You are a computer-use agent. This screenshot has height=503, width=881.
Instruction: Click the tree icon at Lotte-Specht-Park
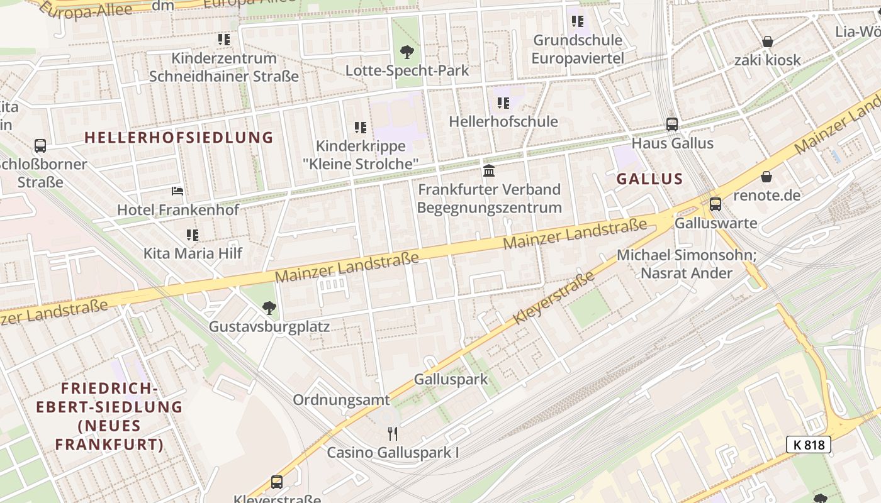tap(407, 52)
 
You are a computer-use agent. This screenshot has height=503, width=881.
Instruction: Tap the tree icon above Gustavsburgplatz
tap(269, 307)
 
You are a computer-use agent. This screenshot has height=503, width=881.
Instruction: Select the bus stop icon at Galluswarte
tap(715, 204)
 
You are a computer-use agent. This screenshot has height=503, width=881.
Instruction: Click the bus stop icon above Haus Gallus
tap(672, 124)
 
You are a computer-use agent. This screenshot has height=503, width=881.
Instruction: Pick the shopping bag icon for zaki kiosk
tap(767, 42)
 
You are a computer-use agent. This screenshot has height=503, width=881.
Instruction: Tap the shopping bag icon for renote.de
tap(766, 177)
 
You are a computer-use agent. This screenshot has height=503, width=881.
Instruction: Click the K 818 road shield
tap(809, 445)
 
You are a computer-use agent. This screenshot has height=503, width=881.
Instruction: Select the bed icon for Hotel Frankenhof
tap(177, 191)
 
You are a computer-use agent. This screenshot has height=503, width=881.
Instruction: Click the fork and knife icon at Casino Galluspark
tap(393, 433)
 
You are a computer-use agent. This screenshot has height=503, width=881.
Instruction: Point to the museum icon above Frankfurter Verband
tap(489, 170)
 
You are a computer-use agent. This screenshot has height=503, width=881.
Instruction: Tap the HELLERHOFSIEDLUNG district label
tap(179, 137)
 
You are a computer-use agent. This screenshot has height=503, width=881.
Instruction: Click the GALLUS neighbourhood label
tap(649, 179)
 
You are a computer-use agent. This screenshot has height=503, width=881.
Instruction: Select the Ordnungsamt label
tap(341, 400)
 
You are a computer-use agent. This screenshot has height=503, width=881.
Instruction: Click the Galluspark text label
tap(451, 379)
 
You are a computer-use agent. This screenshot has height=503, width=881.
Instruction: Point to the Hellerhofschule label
tap(503, 121)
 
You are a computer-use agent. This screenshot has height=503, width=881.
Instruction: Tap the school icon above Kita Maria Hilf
tap(193, 235)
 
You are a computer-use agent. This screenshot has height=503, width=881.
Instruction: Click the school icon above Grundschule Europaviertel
tap(578, 22)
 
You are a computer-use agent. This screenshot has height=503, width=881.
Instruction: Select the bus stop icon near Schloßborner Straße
tap(40, 146)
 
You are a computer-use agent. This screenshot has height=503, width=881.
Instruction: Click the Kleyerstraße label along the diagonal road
tap(554, 298)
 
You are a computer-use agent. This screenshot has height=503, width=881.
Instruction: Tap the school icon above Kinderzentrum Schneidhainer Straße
tap(224, 40)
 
